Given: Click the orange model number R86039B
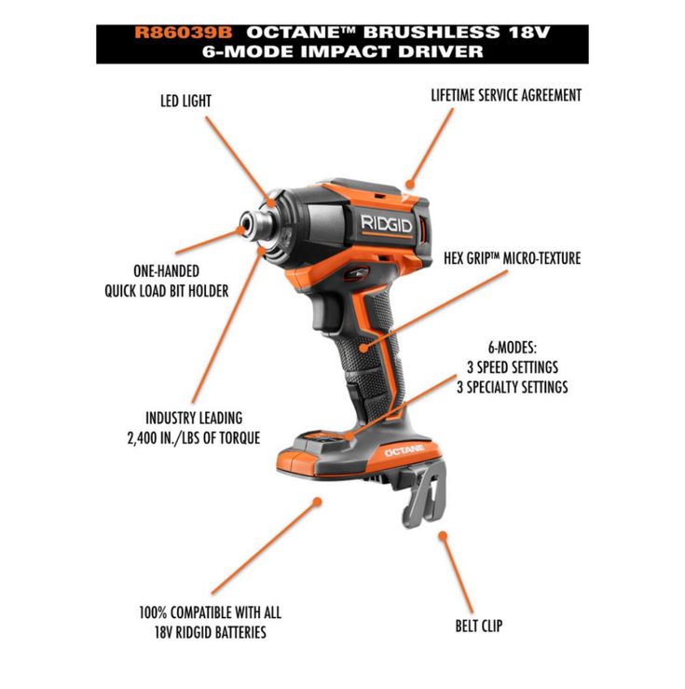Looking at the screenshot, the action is [183, 33].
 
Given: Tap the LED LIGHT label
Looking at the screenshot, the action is [185, 101].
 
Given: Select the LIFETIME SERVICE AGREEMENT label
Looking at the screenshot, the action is [506, 95].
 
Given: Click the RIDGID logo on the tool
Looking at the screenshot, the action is [387, 225].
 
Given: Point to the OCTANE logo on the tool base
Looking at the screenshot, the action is [404, 450].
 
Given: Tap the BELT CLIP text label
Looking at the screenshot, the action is [479, 626].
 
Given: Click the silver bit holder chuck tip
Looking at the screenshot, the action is [253, 227].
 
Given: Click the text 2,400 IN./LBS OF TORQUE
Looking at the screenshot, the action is [194, 438].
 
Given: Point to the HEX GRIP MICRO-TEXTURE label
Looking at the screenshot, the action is [512, 258].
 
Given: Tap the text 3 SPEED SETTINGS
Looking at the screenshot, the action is [512, 367].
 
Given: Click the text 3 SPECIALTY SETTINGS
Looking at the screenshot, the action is [512, 387].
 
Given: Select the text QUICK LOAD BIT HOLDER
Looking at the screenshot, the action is [167, 291].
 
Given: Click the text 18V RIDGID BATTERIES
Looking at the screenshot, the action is [210, 632].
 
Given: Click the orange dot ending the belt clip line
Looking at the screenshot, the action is [443, 536].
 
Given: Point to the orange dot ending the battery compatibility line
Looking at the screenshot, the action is [317, 502].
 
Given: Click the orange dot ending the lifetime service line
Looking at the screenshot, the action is [410, 184].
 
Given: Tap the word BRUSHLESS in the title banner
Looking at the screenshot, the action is [432, 33].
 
